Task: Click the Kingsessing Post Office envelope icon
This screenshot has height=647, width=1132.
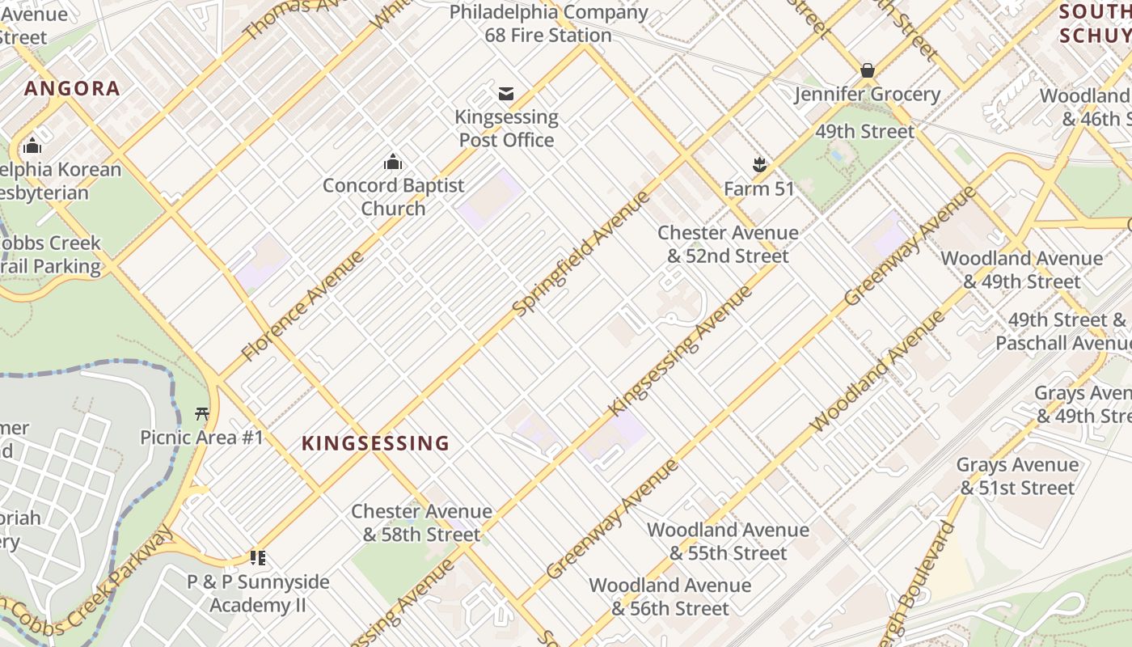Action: click(x=506, y=94)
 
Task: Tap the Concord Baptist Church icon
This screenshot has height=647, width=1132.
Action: click(x=393, y=163)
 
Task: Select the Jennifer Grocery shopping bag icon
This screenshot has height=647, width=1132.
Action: click(x=868, y=70)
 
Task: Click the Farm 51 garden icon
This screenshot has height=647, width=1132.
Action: click(x=759, y=166)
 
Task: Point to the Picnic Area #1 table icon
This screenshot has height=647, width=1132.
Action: click(x=202, y=414)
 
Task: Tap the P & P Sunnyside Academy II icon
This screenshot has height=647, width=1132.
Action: click(x=258, y=557)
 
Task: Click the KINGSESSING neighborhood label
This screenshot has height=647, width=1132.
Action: click(x=375, y=443)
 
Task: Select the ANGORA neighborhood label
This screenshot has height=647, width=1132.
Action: click(x=72, y=89)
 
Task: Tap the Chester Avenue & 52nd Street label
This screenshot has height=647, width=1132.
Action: click(x=728, y=244)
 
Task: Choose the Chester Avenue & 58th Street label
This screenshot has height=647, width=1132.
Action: click(x=421, y=522)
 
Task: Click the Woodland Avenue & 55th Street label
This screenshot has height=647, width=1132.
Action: click(x=728, y=541)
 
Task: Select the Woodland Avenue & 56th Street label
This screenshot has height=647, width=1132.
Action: click(x=670, y=596)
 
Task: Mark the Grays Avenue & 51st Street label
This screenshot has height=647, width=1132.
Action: click(x=1018, y=476)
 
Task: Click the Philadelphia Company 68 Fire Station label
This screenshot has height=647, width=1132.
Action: click(x=548, y=23)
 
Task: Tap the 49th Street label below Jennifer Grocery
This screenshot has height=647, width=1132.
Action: click(x=864, y=131)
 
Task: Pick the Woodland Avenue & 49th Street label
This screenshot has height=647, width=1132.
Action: click(x=1021, y=270)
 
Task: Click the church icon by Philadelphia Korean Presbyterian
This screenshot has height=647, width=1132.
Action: click(x=32, y=146)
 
